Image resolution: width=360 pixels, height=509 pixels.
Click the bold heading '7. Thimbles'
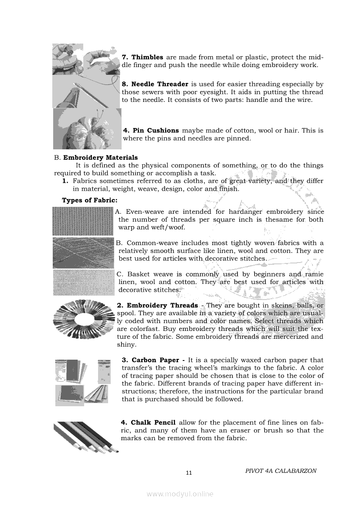tap(143, 57)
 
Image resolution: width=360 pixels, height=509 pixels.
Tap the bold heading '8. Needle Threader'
tap(155, 84)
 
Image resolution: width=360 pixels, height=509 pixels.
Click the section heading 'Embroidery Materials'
tap(100, 158)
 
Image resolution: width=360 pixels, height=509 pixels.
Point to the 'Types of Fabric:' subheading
tap(89, 200)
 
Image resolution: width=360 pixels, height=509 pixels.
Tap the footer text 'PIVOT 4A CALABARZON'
tap(281, 471)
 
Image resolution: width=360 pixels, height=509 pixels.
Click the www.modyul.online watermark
tap(180, 494)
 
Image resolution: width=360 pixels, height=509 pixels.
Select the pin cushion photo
tap(87, 129)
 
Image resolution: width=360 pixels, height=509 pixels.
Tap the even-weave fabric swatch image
tap(83, 220)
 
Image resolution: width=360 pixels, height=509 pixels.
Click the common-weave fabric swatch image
tap(83, 253)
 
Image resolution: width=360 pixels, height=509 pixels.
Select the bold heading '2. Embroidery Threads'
tap(157, 306)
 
